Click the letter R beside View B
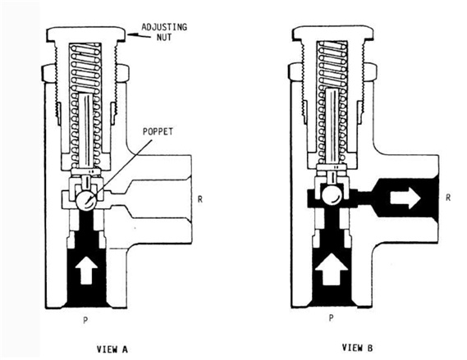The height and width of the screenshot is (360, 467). (x=448, y=198)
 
